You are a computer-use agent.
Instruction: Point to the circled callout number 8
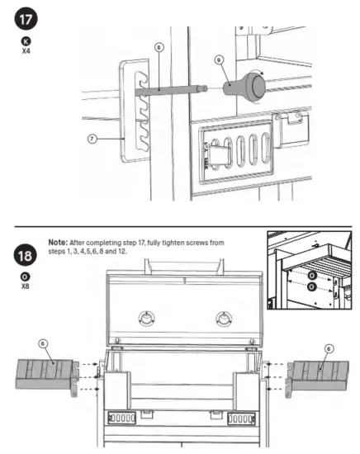click(x=159, y=48)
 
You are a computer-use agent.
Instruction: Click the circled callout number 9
click(x=218, y=59)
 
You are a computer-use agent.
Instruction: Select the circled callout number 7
click(x=92, y=139)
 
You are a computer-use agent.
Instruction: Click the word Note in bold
click(x=58, y=243)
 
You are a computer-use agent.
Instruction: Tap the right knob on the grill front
click(x=222, y=319)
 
